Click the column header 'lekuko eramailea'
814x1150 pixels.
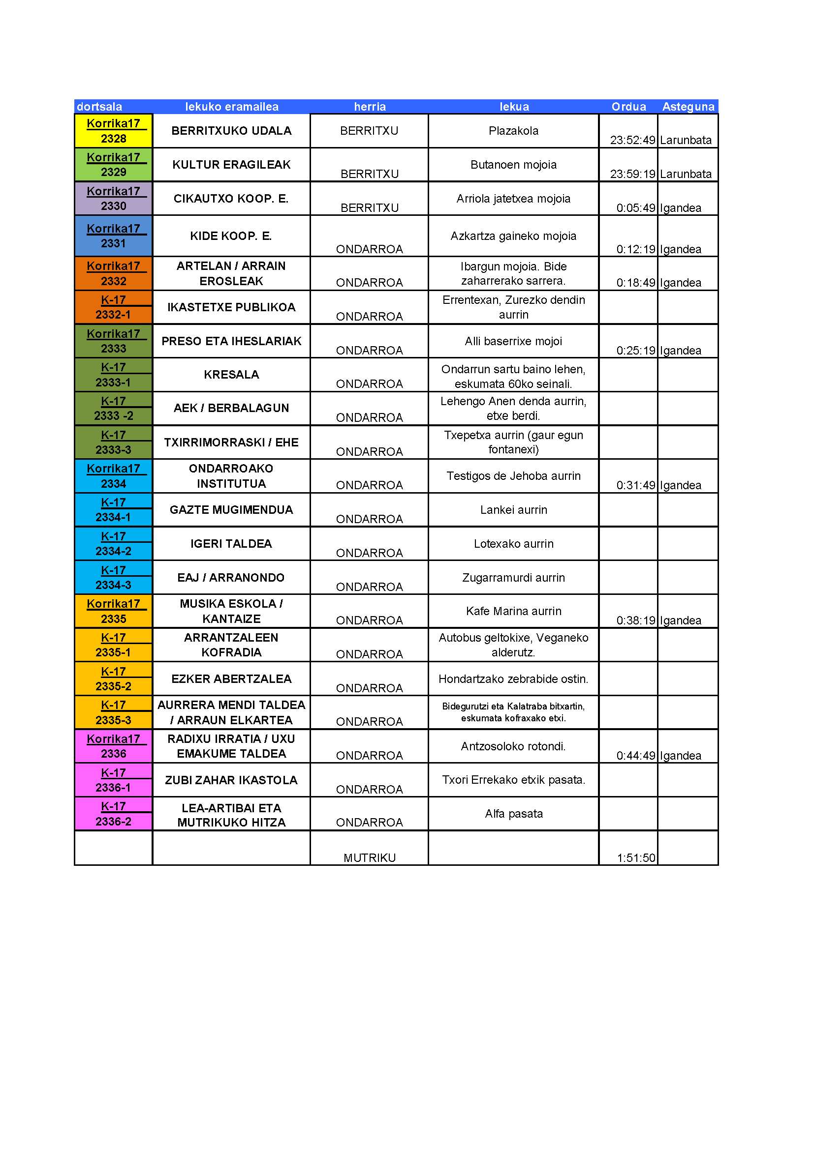tap(232, 107)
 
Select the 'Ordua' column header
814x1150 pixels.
tap(628, 107)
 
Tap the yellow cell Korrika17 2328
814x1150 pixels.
tap(113, 131)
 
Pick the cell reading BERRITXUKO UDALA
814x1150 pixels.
tap(231, 131)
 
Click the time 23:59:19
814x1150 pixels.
tap(632, 174)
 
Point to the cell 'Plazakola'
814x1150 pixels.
tap(513, 131)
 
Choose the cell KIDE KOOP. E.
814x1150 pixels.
tap(231, 236)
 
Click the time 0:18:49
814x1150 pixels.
tap(635, 283)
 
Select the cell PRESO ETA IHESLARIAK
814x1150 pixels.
tap(231, 341)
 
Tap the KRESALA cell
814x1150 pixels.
tap(231, 375)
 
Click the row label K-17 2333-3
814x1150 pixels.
tap(113, 442)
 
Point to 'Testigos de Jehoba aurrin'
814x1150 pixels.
tap(513, 476)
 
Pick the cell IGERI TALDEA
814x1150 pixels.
tap(231, 543)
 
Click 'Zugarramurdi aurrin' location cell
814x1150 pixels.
tap(513, 578)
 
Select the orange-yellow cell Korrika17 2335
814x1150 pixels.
tap(113, 611)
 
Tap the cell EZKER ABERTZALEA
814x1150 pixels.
tap(231, 678)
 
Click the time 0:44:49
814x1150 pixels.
tap(635, 755)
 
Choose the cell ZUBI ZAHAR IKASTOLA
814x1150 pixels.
tap(231, 780)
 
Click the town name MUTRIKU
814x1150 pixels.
tap(370, 857)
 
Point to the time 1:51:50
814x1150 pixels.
tap(635, 857)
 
